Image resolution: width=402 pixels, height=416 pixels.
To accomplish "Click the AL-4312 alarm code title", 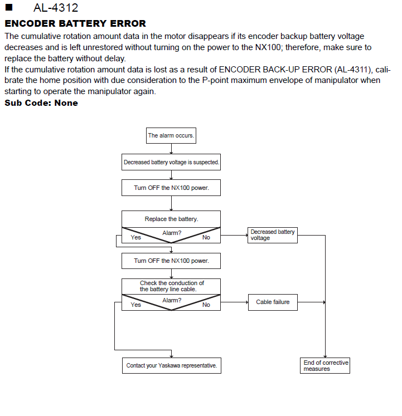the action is tap(56, 8).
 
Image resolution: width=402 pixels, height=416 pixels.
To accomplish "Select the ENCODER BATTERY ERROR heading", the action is tap(75, 23).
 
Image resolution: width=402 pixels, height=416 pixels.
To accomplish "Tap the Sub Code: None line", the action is tap(41, 103).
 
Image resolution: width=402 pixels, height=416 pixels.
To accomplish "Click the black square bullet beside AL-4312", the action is tap(9, 7).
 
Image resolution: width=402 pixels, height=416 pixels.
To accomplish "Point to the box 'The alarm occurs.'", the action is tap(171, 135).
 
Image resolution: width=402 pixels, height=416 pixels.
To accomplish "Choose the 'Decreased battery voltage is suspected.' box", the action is tap(171, 162).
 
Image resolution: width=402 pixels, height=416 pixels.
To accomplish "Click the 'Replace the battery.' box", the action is tap(171, 219).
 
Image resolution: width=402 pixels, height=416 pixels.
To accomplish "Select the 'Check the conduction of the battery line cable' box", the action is tap(171, 286).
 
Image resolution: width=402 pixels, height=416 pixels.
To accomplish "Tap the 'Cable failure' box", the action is tap(273, 302).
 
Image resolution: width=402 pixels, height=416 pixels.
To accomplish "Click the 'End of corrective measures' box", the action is tap(325, 365).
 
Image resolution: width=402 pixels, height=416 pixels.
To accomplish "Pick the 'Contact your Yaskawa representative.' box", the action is tap(172, 365).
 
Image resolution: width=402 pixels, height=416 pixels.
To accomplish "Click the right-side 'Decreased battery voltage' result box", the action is tap(273, 235).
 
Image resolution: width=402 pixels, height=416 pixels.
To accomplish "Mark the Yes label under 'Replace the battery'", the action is tap(136, 237).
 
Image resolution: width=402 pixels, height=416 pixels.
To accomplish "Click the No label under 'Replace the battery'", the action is tap(206, 237).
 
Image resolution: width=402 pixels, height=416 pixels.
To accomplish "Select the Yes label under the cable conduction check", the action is tap(136, 305).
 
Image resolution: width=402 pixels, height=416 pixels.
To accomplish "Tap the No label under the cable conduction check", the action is tap(206, 305).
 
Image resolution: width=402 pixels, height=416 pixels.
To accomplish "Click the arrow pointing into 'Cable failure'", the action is tap(234, 302).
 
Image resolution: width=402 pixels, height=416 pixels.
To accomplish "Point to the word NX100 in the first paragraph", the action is tap(268, 47).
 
